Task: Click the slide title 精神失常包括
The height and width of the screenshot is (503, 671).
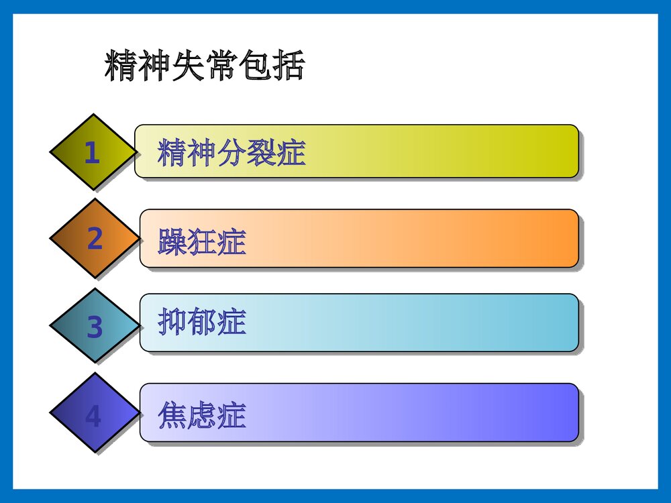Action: click(205, 66)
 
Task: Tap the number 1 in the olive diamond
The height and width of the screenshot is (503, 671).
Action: click(92, 154)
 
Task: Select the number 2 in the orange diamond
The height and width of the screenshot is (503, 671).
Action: click(95, 239)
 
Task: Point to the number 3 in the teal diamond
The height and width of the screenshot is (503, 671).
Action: click(95, 328)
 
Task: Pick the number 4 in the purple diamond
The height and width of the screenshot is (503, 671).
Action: click(93, 417)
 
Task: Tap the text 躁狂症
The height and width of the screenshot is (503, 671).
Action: click(202, 241)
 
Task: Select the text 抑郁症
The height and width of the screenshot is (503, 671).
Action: click(202, 323)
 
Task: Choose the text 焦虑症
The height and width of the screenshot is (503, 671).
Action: click(202, 415)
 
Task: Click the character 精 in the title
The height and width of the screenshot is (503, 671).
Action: click(121, 66)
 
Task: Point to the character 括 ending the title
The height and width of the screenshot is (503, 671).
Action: click(289, 66)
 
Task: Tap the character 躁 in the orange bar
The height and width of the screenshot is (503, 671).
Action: click(172, 241)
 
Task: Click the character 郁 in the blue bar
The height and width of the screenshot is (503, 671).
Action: click(202, 323)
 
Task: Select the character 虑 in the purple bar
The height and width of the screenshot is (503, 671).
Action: click(202, 415)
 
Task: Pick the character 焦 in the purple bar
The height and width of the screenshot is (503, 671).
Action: click(172, 415)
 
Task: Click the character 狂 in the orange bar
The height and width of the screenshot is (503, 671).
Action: click(202, 241)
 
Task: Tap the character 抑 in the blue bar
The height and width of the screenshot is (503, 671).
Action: click(172, 323)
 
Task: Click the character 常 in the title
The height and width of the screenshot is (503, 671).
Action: click(221, 66)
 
